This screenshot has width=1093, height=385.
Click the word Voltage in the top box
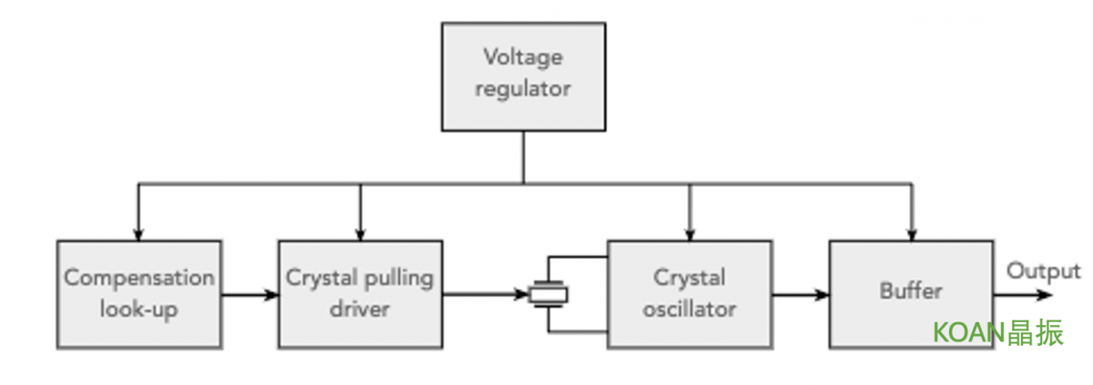523,57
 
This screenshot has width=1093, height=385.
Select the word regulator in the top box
523,89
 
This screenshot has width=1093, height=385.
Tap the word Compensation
139,279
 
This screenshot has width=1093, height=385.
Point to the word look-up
139,309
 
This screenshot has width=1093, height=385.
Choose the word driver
360,309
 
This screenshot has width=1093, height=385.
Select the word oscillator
689,309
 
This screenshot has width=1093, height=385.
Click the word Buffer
911,291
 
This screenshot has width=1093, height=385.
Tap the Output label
1043,271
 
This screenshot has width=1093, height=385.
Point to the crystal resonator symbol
548,294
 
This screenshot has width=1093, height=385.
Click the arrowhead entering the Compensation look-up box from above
138,235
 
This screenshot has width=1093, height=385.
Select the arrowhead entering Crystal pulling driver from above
360,235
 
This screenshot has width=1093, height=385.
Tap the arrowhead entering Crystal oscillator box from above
690,235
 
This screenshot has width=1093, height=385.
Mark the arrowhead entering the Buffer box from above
912,235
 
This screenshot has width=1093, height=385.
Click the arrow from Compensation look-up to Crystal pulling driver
250,295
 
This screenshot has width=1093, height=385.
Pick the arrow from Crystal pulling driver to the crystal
485,294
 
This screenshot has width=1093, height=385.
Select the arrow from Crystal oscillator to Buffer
801,295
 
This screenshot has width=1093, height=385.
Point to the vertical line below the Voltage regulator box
524,157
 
